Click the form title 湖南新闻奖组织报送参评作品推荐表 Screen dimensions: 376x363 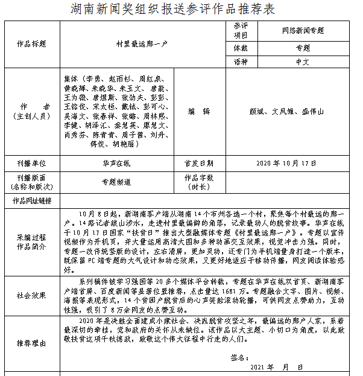coord(181,10)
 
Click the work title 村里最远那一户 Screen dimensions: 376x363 coord(142,45)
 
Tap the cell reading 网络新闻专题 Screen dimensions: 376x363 coord(303,30)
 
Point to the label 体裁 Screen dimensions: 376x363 coord(241,48)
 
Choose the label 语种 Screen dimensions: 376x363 coord(241,62)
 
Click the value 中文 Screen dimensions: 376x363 coord(303,62)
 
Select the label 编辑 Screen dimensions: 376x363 coord(198,112)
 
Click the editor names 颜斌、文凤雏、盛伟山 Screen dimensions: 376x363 coord(286,112)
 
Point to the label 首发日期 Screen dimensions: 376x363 coord(198,164)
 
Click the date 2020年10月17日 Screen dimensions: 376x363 coord(286,164)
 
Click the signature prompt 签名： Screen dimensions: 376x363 coord(240,357)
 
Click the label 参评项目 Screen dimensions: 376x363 coord(241,30)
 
